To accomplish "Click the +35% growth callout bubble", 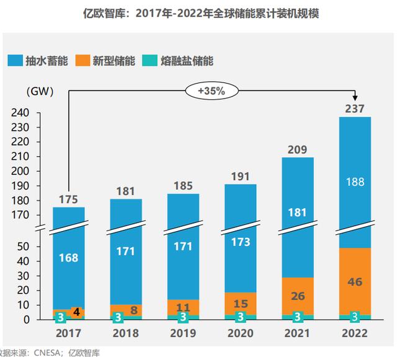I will pyautogui.click(x=211, y=90).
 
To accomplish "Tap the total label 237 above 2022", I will pyautogui.click(x=355, y=108).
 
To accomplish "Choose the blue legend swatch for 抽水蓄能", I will pyautogui.click(x=16, y=61).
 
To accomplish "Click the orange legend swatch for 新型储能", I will pyautogui.click(x=83, y=61).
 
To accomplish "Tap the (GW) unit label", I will pyautogui.click(x=40, y=91).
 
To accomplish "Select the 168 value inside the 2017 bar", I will pyautogui.click(x=68, y=257).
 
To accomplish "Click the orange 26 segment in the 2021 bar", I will pyautogui.click(x=298, y=296).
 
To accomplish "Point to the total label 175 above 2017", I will pyautogui.click(x=68, y=199).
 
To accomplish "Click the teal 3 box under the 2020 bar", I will pyautogui.click(x=241, y=317).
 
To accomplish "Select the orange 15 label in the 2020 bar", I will pyautogui.click(x=241, y=303).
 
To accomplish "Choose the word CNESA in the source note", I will pyautogui.click(x=47, y=354).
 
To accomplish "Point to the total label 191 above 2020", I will pyautogui.click(x=241, y=176).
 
